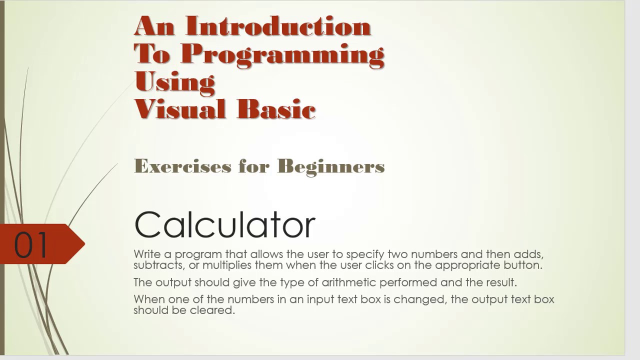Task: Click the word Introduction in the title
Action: pos(278,26)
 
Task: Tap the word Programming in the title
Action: pos(282,54)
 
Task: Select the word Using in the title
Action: pos(174,81)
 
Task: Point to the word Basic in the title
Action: pos(276,109)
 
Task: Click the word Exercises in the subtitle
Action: pos(182,166)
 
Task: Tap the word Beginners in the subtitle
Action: pos(330,166)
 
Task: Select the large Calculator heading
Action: pos(224,224)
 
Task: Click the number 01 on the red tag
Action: pos(31,244)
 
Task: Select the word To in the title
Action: pos(152,54)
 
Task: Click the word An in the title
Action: pos(154,26)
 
